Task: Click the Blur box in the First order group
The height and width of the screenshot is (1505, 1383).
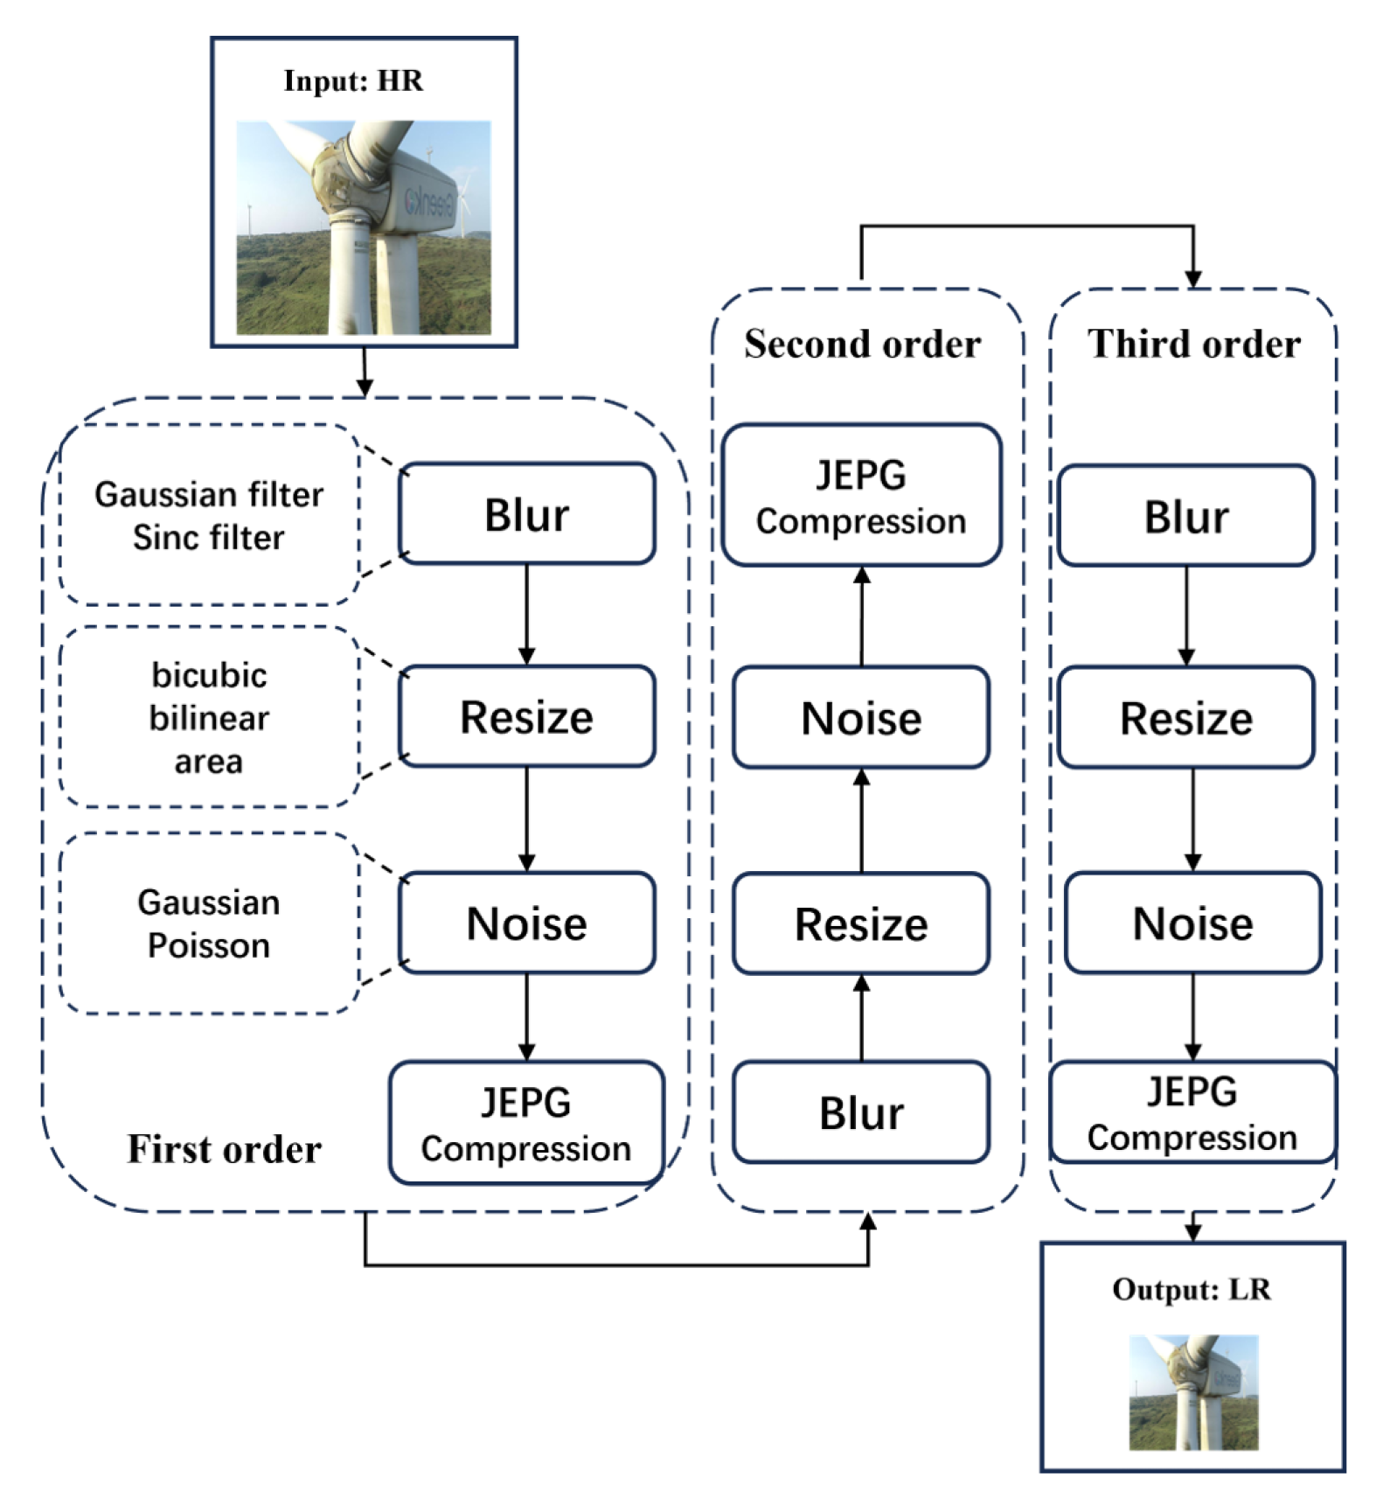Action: (x=526, y=514)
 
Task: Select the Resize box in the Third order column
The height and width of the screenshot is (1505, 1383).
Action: (x=1185, y=717)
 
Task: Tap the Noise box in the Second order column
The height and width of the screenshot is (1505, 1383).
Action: (x=861, y=717)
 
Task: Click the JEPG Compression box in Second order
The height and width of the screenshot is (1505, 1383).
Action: (x=861, y=496)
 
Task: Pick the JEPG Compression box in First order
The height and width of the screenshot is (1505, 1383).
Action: (x=526, y=1124)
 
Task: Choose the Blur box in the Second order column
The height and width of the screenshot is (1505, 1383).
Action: (x=861, y=1112)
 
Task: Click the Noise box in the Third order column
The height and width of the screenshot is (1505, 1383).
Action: (x=1192, y=923)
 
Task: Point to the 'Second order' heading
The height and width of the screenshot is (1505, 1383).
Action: (x=862, y=344)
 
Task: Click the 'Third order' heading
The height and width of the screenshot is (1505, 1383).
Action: (x=1193, y=344)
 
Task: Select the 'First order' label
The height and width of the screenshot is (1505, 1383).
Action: (x=225, y=1149)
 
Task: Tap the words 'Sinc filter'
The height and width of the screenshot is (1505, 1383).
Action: (x=208, y=537)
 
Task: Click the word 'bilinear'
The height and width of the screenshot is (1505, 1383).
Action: (x=208, y=718)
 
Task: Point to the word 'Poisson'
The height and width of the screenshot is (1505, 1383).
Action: (x=208, y=945)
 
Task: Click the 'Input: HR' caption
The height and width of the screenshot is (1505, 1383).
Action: (x=353, y=81)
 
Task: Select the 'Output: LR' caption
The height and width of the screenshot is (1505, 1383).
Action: (x=1192, y=1290)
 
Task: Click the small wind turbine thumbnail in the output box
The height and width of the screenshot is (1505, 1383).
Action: (x=1193, y=1392)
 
